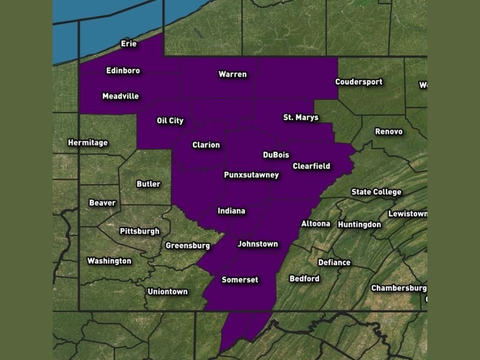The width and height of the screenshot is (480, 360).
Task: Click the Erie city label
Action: click(129, 44)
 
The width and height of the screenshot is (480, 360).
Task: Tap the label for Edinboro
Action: click(123, 71)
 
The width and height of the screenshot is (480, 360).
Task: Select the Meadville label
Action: click(121, 96)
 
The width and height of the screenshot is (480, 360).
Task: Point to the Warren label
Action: click(232, 74)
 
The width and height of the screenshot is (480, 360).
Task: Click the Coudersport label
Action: click(359, 82)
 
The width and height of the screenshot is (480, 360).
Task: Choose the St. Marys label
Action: click(301, 118)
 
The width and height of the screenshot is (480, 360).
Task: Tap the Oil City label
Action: click(170, 121)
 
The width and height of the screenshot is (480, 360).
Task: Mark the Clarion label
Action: click(206, 145)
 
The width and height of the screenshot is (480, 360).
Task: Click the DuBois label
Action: click(276, 155)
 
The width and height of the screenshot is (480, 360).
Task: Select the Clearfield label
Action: click(311, 166)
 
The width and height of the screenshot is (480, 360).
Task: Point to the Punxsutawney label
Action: click(251, 175)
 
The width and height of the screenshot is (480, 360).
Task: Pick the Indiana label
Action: click(231, 211)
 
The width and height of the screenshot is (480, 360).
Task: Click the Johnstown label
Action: click(258, 244)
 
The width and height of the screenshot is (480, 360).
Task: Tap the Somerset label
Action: click(239, 280)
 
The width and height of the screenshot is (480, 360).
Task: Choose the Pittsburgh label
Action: click(140, 231)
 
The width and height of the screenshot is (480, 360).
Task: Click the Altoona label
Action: click(316, 224)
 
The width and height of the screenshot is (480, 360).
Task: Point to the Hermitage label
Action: click(88, 143)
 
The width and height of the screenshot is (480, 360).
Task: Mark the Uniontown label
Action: click(167, 292)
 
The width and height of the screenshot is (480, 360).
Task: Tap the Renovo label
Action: click(389, 131)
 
